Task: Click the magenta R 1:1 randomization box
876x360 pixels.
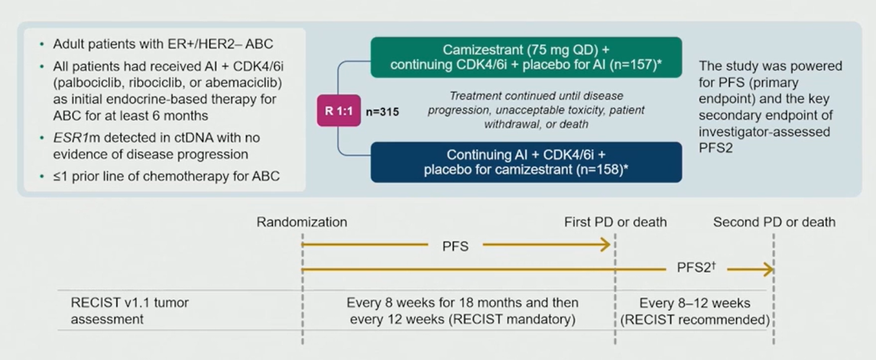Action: (339, 111)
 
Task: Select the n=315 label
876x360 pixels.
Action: (382, 112)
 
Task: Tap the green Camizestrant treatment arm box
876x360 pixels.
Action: (526, 57)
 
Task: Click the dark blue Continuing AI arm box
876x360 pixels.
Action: (526, 162)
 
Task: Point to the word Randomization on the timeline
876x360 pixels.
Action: (302, 222)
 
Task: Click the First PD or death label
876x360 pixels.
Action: (615, 222)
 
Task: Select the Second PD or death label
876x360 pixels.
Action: (774, 222)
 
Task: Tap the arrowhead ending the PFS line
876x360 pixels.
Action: (606, 245)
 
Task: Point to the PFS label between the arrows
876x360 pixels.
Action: (455, 247)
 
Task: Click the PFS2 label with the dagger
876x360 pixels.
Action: (696, 268)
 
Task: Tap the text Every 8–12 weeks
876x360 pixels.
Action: (695, 303)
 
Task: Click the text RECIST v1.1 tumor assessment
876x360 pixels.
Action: (130, 311)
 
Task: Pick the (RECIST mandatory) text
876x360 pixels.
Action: (512, 319)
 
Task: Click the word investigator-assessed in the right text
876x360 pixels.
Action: (764, 132)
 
